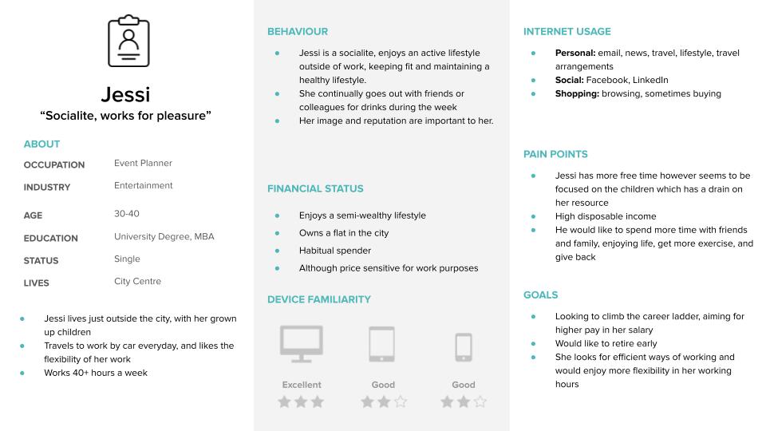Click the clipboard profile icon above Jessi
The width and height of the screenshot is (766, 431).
click(128, 41)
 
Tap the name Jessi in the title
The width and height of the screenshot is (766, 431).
click(126, 94)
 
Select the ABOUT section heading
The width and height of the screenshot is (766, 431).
click(41, 144)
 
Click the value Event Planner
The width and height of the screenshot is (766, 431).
click(143, 164)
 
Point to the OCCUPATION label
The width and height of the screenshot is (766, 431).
click(54, 165)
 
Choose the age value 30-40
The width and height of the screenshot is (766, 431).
click(126, 214)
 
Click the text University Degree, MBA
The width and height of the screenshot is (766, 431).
click(164, 236)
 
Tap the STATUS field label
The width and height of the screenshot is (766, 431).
click(41, 261)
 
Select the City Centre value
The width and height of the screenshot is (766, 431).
click(137, 281)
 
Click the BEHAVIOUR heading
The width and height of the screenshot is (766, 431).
click(297, 32)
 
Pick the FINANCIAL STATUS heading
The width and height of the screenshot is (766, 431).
click(315, 189)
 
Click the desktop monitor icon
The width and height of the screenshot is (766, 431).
click(302, 344)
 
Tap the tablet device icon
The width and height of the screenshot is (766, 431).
click(381, 344)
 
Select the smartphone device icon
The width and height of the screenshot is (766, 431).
click(464, 346)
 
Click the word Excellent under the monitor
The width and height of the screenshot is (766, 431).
click(302, 385)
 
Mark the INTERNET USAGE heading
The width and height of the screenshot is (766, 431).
click(567, 32)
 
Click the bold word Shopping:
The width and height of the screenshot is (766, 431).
click(577, 94)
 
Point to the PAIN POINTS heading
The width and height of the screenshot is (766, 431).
click(555, 154)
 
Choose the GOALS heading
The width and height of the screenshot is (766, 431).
click(540, 295)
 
